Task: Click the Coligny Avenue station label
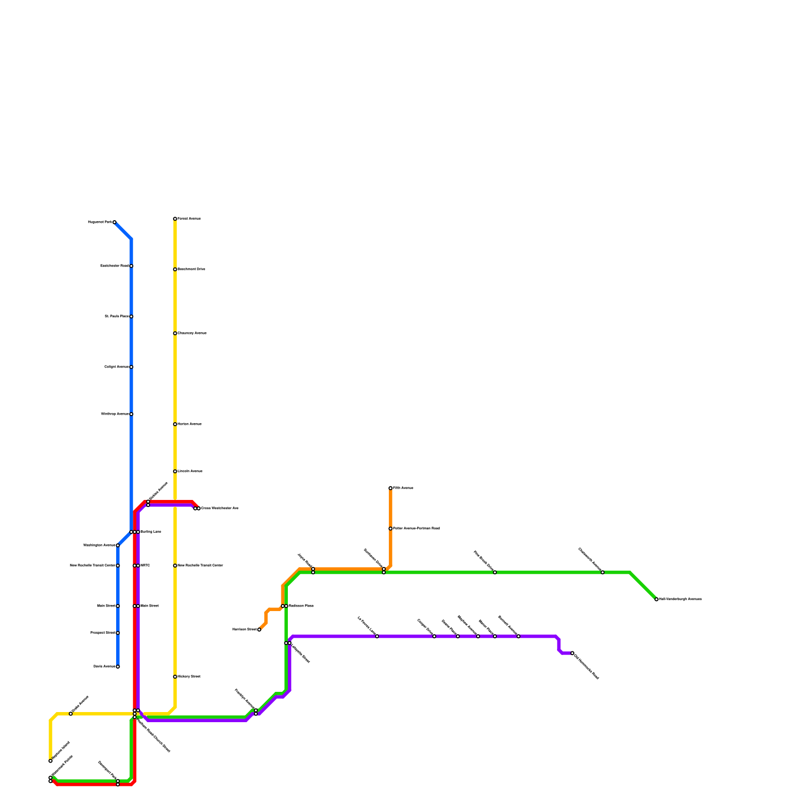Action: pos(117,367)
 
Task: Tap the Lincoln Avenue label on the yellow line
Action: pos(190,471)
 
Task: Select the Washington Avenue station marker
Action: pos(118,545)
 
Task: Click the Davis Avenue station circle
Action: pos(118,667)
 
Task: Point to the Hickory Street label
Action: pos(189,677)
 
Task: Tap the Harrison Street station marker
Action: pos(259,630)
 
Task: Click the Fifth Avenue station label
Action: pos(403,488)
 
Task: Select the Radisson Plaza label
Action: pos(301,606)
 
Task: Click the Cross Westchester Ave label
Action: pos(219,509)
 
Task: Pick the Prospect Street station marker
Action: pos(118,633)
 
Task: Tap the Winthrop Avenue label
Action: pos(115,414)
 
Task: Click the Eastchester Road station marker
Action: pos(131,266)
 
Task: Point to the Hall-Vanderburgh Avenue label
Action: pos(680,599)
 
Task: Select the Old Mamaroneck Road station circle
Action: pos(572,653)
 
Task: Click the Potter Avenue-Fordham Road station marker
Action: pos(390,529)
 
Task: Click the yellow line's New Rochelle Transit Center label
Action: pos(200,566)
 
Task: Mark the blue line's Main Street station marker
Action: pos(118,606)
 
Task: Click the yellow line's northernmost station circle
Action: pos(175,219)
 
